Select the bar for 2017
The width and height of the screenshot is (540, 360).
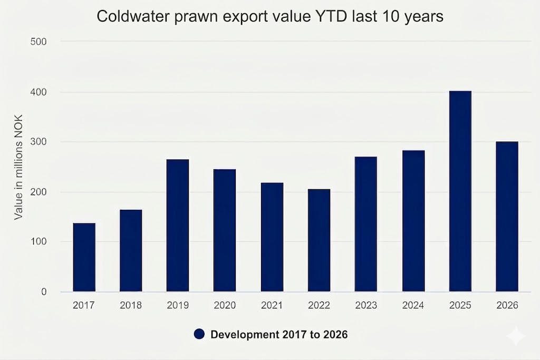[84, 257]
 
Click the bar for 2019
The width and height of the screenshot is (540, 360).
[178, 225]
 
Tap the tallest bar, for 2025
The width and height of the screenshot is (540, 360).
[460, 191]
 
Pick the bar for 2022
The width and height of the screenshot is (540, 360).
[319, 240]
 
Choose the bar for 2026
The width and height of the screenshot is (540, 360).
[507, 216]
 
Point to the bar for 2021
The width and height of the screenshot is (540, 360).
[272, 237]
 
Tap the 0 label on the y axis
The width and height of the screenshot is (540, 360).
[44, 292]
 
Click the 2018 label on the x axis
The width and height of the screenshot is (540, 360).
[131, 306]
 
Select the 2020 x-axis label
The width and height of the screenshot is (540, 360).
[225, 306]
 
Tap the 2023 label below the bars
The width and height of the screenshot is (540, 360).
[366, 306]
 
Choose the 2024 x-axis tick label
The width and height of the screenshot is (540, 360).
[413, 306]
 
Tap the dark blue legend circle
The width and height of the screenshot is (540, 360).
[199, 334]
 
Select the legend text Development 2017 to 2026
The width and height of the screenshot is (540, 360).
[279, 334]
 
